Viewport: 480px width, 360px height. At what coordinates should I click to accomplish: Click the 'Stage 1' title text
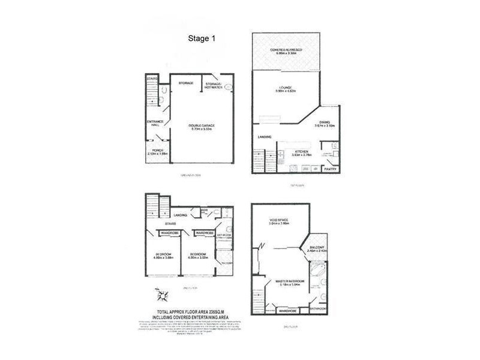coord(202,38)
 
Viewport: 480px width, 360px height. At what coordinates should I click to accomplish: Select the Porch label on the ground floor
coord(158,152)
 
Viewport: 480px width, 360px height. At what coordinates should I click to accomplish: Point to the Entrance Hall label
coord(155,125)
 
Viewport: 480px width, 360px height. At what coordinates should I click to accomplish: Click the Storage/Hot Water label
coord(214,85)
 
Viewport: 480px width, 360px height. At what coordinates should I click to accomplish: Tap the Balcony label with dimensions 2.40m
coord(317,248)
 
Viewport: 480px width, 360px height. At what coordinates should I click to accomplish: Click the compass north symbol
coord(162,296)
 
